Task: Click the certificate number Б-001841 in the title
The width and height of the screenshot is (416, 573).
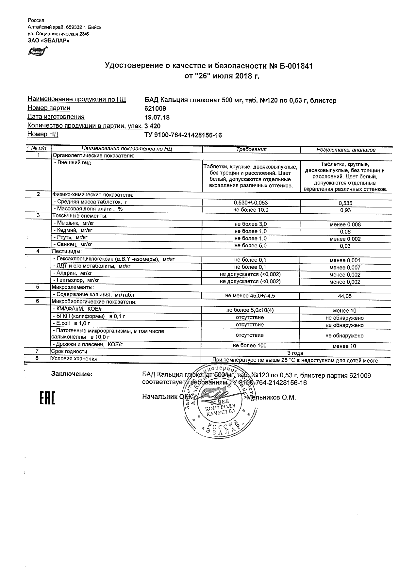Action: click(295, 66)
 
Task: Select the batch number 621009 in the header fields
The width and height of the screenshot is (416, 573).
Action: click(155, 109)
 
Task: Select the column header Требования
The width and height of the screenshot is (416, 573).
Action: click(251, 149)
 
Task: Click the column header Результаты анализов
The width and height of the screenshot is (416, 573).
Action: click(346, 150)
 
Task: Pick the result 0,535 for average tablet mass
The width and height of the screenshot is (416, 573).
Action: click(346, 203)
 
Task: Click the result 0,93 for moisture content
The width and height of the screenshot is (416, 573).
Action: click(345, 210)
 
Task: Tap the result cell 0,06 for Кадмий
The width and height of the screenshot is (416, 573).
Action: click(345, 232)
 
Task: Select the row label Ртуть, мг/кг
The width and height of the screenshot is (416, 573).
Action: click(72, 237)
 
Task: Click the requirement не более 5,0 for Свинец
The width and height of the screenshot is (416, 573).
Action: click(250, 246)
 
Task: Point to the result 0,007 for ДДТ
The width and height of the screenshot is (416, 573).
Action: click(345, 268)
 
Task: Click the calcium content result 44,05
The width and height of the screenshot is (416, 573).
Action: click(345, 296)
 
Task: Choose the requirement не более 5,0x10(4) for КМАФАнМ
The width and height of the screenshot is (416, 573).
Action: click(250, 310)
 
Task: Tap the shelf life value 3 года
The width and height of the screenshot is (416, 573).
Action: click(295, 353)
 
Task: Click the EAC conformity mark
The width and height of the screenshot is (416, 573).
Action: click(47, 398)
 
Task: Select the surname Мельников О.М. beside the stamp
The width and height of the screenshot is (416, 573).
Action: click(271, 398)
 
